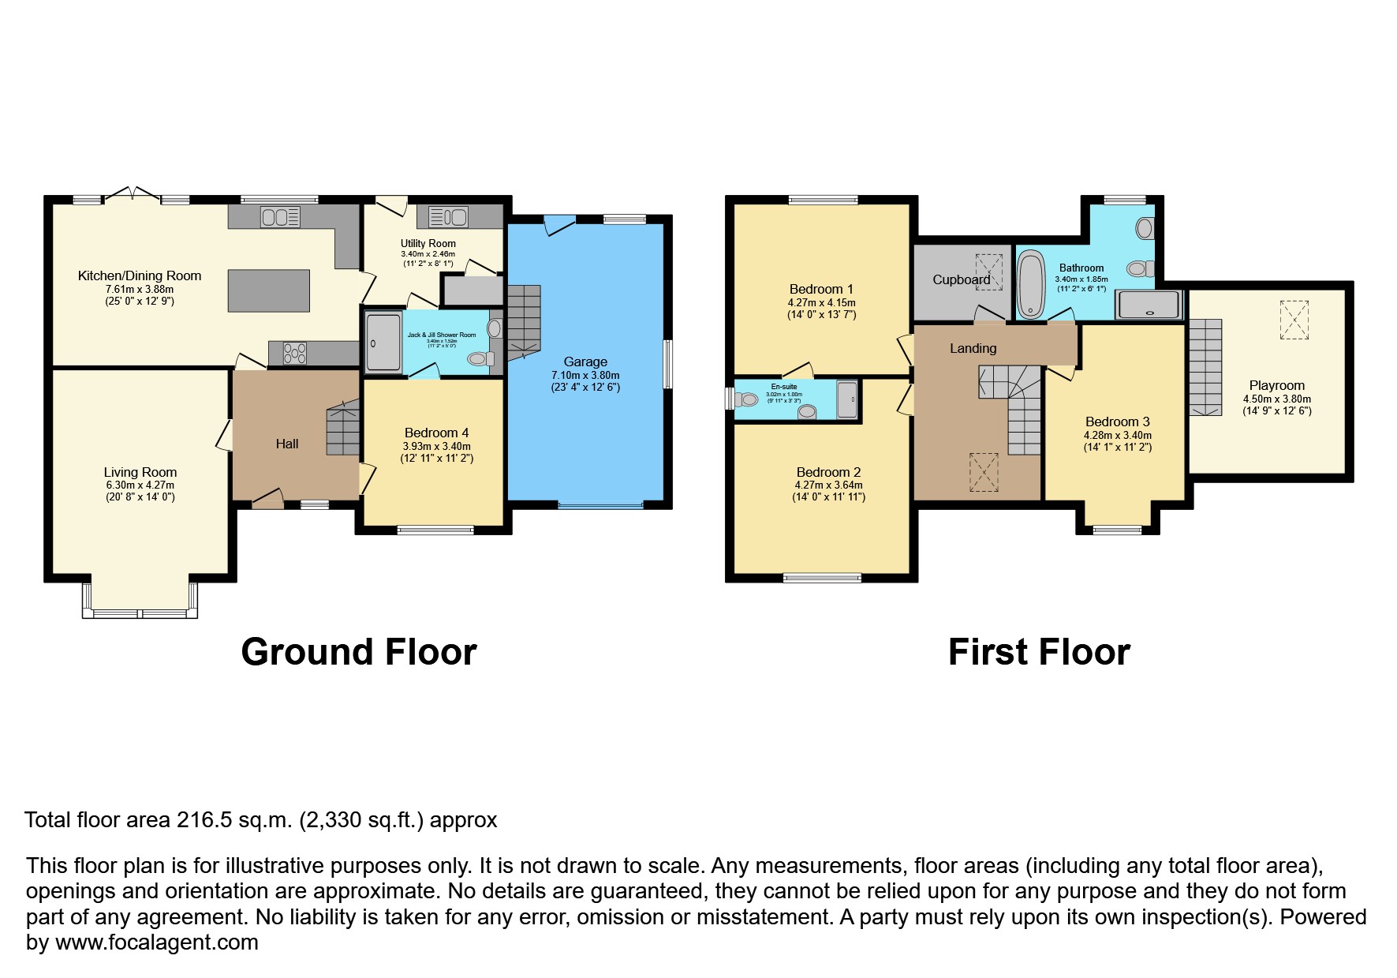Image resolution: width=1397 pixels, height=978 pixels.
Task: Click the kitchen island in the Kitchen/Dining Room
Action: click(x=268, y=290)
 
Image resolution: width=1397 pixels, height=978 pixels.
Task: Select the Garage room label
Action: click(x=585, y=362)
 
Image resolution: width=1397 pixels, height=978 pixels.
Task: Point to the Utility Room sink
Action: click(x=448, y=216)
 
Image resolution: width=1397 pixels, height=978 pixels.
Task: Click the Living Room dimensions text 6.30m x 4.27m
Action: click(x=140, y=485)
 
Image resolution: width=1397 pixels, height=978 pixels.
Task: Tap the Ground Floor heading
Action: click(x=359, y=652)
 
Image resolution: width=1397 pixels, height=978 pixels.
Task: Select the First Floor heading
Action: click(x=1039, y=652)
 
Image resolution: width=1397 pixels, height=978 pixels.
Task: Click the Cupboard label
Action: click(x=961, y=279)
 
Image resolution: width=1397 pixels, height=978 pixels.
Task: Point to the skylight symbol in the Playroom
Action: click(x=1294, y=320)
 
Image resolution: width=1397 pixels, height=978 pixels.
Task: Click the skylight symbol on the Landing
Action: click(x=984, y=472)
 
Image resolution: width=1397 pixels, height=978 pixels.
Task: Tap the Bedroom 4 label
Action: click(x=436, y=433)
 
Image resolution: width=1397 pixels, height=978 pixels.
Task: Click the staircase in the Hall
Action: click(x=343, y=428)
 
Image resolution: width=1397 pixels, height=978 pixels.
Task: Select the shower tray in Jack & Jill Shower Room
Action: click(x=383, y=342)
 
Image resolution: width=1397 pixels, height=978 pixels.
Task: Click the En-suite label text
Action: click(x=784, y=387)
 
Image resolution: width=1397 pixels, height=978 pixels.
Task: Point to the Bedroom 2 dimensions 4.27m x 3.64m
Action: click(x=828, y=485)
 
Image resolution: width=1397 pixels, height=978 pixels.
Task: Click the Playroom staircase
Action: click(x=1205, y=366)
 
